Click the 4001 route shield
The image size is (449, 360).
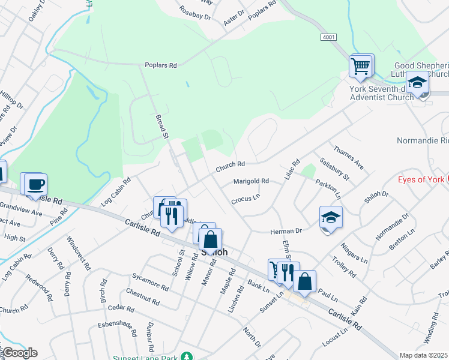[x=328, y=37]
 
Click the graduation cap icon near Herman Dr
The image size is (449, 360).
[x=331, y=218]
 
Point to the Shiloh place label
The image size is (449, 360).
[x=214, y=253]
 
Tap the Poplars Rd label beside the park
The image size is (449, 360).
[x=160, y=65]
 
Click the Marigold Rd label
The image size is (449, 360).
[x=251, y=181]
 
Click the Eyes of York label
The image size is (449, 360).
[x=422, y=179]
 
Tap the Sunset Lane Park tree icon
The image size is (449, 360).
[x=188, y=356]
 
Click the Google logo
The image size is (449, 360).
[x=20, y=353]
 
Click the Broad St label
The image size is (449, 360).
[x=161, y=127]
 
